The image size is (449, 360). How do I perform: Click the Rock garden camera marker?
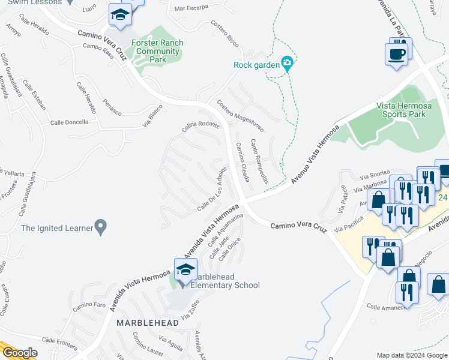coord(287,62)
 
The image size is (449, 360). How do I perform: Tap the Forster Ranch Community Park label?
coord(157,51)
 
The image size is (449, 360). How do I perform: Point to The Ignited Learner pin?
coord(101,227)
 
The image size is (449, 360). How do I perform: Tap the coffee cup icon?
coord(396,55)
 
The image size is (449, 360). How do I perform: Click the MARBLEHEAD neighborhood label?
coord(148,323)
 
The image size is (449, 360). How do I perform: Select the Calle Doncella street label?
coord(69,122)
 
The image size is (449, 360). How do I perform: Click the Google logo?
coord(19,353)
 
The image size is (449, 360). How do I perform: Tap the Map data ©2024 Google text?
coord(411,355)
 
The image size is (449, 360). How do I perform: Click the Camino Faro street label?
coord(89,307)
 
